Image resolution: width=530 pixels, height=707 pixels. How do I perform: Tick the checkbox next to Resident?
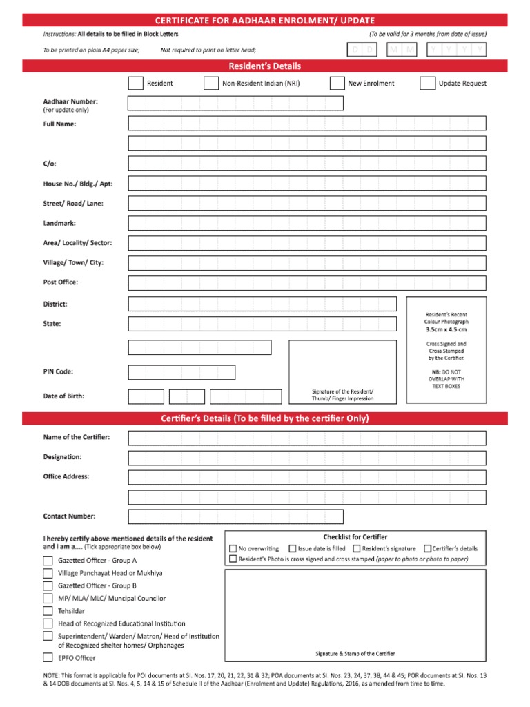click(136, 84)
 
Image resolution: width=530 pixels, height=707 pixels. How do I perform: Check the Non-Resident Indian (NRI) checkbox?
click(211, 84)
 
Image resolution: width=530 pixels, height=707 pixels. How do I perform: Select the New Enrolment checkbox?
click(337, 84)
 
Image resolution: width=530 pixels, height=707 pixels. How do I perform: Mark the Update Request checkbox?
click(427, 84)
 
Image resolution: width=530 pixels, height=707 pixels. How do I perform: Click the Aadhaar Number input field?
click(235, 104)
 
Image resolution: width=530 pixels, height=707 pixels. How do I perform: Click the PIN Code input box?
click(181, 372)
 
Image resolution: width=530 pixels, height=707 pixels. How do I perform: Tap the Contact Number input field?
click(235, 516)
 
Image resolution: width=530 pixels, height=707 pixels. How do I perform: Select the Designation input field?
click(306, 458)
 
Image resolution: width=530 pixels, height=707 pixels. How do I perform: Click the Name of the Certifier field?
click(306, 438)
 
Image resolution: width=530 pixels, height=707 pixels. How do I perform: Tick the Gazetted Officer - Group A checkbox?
click(48, 561)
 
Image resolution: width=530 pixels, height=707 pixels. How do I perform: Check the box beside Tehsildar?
click(48, 611)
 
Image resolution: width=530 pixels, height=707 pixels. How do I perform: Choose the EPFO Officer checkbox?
click(48, 658)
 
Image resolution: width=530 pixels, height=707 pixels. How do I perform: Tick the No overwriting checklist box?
click(233, 549)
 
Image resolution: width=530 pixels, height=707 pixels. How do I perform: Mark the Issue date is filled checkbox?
click(293, 549)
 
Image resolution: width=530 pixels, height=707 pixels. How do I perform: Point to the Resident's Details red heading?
click(265, 66)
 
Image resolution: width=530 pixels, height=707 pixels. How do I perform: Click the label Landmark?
click(59, 224)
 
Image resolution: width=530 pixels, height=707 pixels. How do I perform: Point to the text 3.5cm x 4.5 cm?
click(446, 330)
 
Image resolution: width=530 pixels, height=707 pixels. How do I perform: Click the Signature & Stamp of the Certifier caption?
click(355, 653)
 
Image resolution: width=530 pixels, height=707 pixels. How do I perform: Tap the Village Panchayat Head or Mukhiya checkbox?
click(48, 573)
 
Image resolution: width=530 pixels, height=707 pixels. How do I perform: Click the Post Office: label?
click(61, 282)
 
